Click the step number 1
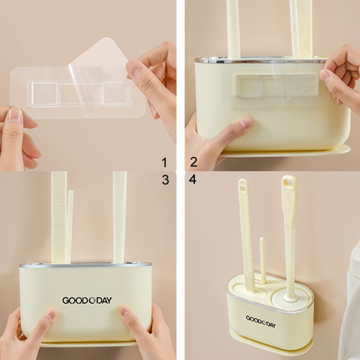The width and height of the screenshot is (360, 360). click(165, 162)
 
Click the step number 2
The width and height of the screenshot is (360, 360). click(193, 162)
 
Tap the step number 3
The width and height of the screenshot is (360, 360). click(165, 180)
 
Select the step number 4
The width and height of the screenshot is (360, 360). click(193, 180)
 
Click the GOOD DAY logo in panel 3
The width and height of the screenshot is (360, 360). click(87, 300)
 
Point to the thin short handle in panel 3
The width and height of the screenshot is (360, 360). click(70, 226)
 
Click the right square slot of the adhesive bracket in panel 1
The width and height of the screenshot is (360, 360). click(115, 92)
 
